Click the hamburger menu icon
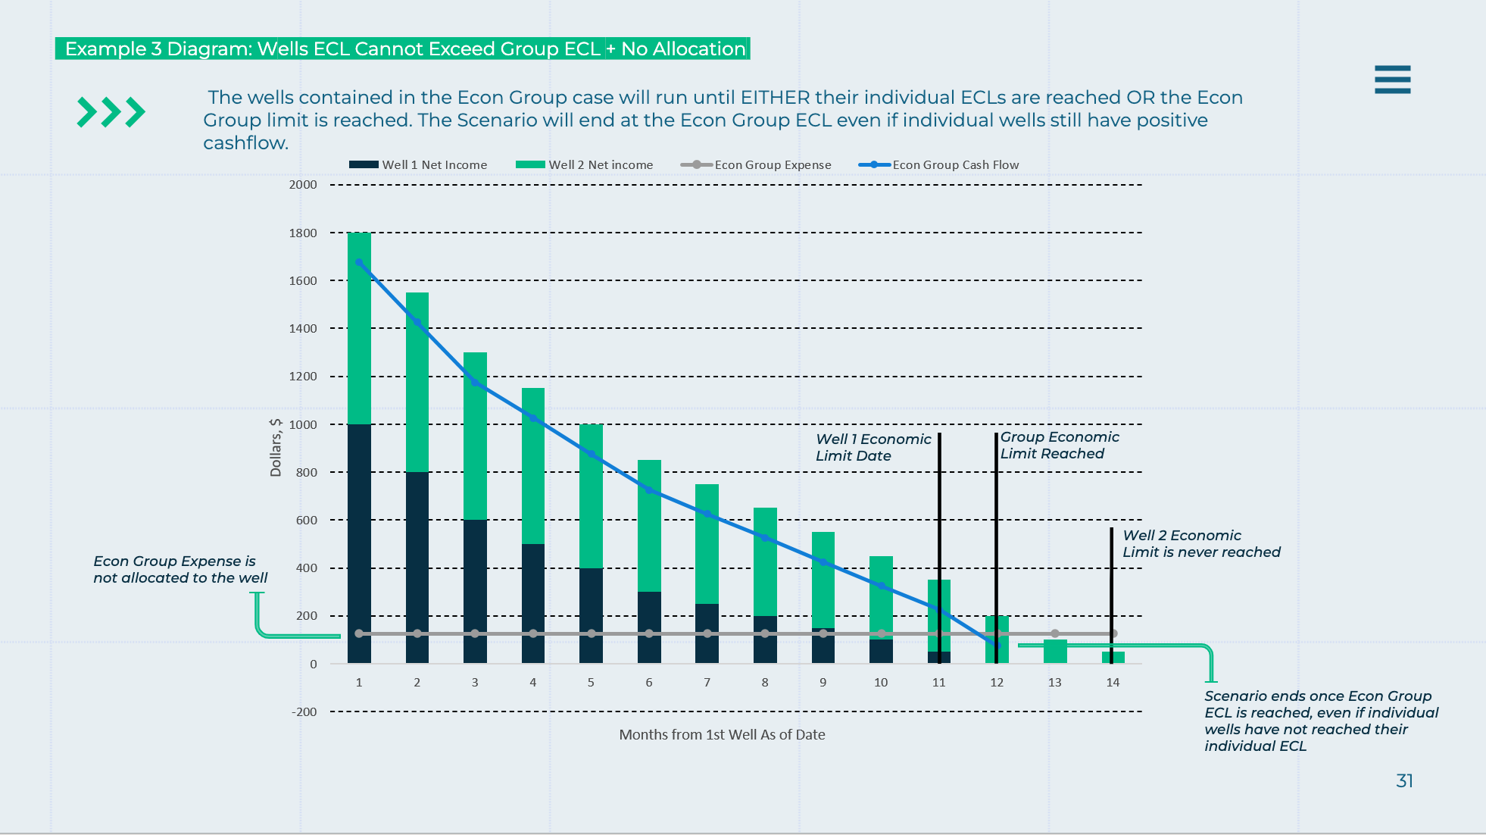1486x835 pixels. click(x=1392, y=80)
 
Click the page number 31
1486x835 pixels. click(x=1404, y=780)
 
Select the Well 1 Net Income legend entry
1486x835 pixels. click(x=418, y=164)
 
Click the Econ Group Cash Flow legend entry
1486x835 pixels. click(x=939, y=164)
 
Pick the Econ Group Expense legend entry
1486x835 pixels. click(x=756, y=164)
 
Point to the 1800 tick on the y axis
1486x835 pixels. click(x=303, y=233)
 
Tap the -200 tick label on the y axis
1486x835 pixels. click(x=304, y=711)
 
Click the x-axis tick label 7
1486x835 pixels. click(x=707, y=682)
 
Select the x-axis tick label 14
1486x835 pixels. click(x=1112, y=682)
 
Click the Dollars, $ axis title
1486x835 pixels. click(x=276, y=447)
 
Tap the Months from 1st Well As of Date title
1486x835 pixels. click(x=722, y=734)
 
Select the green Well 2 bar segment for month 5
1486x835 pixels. click(x=591, y=496)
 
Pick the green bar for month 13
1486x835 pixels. click(x=1055, y=652)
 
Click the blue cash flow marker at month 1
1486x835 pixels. click(x=359, y=262)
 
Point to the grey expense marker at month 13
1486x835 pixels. click(x=1055, y=633)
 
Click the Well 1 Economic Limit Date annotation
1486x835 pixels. click(x=873, y=447)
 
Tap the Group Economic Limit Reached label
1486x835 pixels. click(x=1059, y=445)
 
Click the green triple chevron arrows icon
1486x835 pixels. click(x=111, y=112)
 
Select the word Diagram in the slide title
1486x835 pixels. click(x=209, y=48)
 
